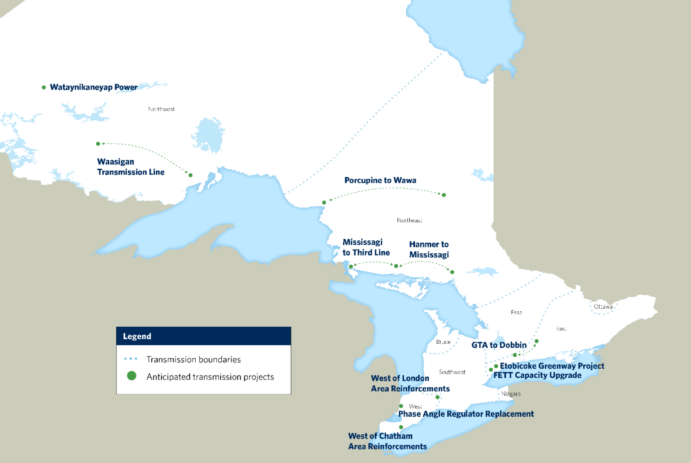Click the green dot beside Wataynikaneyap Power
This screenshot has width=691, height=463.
click(x=44, y=88)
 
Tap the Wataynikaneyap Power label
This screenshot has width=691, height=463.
click(x=93, y=87)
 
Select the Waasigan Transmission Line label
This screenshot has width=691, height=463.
click(x=131, y=167)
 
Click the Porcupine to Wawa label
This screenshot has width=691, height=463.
click(x=380, y=180)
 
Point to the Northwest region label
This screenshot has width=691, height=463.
click(x=161, y=109)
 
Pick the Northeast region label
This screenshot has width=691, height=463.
click(x=409, y=220)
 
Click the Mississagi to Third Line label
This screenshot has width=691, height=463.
click(x=366, y=247)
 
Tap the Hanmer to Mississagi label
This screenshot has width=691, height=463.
click(x=429, y=249)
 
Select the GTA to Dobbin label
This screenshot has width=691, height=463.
click(x=499, y=345)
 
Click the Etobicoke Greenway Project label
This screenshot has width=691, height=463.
click(x=552, y=366)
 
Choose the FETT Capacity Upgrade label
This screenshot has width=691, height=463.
click(x=537, y=375)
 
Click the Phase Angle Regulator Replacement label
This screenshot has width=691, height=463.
click(x=466, y=414)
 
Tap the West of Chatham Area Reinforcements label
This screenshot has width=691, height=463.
click(x=387, y=441)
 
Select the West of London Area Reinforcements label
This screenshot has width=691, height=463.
click(x=410, y=383)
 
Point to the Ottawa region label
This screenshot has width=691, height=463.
click(x=603, y=307)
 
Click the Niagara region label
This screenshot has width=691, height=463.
click(x=511, y=394)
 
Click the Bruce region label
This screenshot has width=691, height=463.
click(x=443, y=342)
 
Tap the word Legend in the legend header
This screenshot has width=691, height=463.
click(x=137, y=336)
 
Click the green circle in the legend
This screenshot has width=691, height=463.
click(x=132, y=376)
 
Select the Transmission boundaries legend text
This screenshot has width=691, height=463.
click(x=193, y=359)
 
